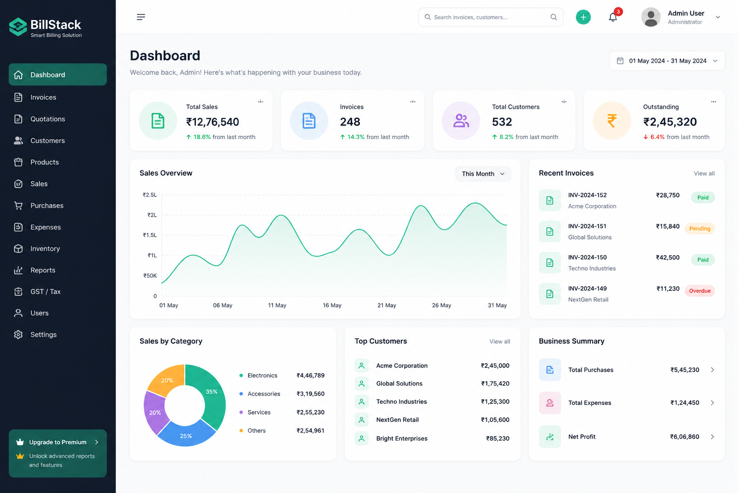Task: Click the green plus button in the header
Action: (583, 17)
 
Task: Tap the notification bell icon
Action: (612, 17)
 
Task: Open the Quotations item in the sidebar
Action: (48, 119)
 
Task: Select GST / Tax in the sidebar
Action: (46, 292)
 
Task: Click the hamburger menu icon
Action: (141, 17)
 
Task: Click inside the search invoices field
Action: (491, 17)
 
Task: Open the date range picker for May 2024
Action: (667, 61)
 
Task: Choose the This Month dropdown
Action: (483, 174)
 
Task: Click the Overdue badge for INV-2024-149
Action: (700, 291)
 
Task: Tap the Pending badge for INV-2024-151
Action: (700, 229)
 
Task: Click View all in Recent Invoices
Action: (704, 173)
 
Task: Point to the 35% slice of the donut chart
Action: (211, 393)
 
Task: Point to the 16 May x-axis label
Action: (332, 305)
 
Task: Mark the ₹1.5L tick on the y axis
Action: (150, 235)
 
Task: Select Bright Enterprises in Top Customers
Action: (402, 438)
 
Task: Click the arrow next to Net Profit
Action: (712, 437)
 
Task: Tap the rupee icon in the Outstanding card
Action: (612, 120)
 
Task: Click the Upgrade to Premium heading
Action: (58, 442)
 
